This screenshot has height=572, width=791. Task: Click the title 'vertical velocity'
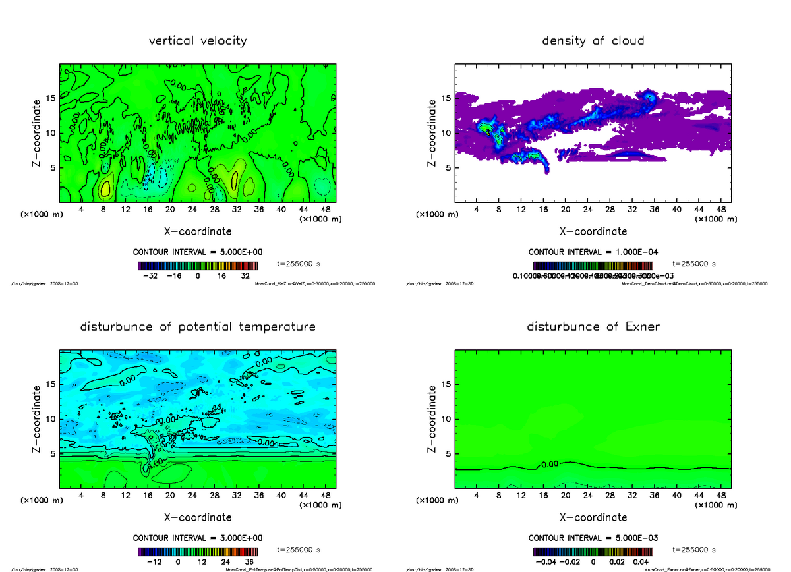tap(198, 41)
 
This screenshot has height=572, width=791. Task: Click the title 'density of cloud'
tap(593, 41)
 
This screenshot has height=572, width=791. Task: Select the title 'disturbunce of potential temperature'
tap(198, 327)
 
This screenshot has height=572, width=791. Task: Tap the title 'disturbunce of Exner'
tap(593, 327)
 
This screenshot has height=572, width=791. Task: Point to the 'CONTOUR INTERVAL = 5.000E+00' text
tap(198, 252)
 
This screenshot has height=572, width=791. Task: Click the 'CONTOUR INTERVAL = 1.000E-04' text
tap(593, 252)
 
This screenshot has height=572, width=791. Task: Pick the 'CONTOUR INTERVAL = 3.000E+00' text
tap(198, 538)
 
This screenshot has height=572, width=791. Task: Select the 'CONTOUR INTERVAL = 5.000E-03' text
tap(593, 538)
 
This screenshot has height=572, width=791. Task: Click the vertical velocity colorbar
tap(198, 266)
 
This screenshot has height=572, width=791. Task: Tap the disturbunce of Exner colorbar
tap(593, 552)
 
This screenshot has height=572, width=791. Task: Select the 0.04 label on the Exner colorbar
tap(641, 562)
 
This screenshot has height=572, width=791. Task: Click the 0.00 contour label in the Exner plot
tap(550, 465)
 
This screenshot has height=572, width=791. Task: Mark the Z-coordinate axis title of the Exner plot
tap(432, 419)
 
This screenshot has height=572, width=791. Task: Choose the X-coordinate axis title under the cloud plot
tap(593, 231)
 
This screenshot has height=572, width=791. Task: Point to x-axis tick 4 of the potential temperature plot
tap(81, 496)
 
